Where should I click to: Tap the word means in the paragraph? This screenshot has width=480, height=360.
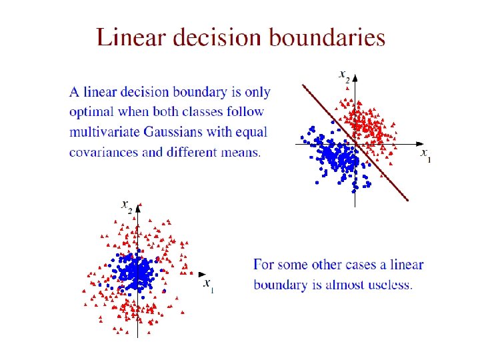pos(240,152)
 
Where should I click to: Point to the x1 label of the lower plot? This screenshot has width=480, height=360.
pos(208,285)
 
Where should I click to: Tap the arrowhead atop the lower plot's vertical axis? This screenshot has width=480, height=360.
pos(137,215)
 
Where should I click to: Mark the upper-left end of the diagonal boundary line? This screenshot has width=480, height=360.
pos(303,85)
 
